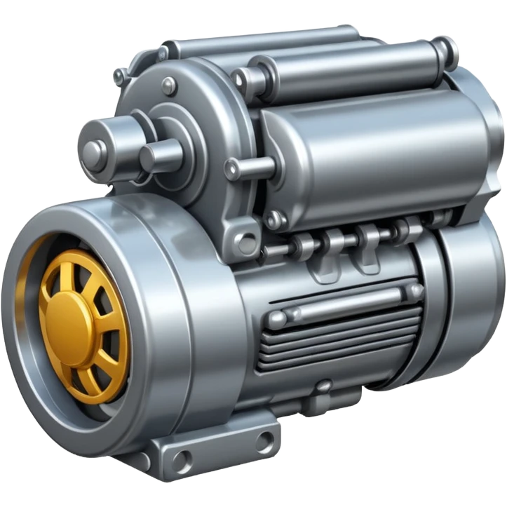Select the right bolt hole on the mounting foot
click(264, 441)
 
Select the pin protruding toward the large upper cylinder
click(249, 168)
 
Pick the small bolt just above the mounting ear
click(275, 220)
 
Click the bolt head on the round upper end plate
click(168, 86)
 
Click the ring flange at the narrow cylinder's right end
click(442, 53)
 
